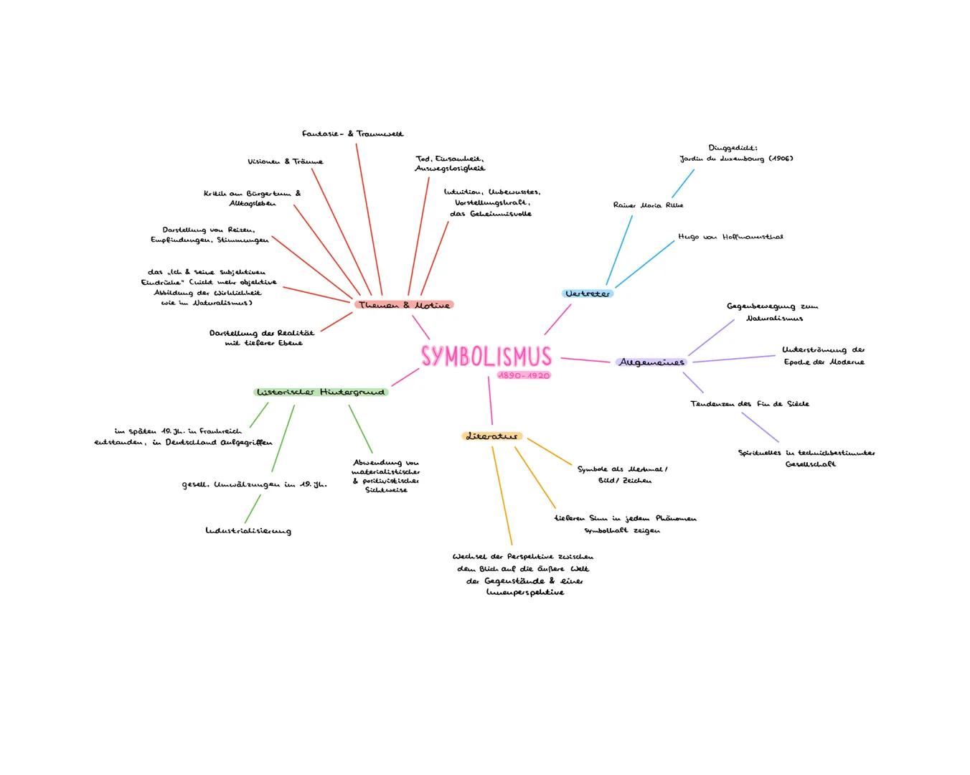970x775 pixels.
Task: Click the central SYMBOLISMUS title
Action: point(486,357)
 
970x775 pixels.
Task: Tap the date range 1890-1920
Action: point(524,376)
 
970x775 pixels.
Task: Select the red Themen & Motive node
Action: point(404,305)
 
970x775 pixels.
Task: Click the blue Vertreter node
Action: point(588,293)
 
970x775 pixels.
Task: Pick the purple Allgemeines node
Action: point(651,362)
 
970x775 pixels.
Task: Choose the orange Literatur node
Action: point(491,436)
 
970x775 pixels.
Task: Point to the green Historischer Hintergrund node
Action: point(321,392)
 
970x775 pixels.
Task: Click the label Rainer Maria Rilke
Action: point(648,205)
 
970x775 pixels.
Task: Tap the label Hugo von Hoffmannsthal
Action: point(730,237)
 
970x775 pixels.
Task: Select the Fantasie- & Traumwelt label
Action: point(352,133)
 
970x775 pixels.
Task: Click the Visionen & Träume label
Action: point(286,161)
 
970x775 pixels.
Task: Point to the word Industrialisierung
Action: point(248,531)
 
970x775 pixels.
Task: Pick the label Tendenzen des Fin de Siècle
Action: point(749,404)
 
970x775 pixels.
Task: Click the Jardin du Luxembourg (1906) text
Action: point(736,159)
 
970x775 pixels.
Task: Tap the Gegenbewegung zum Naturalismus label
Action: point(772,312)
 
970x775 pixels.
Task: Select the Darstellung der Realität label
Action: point(262,338)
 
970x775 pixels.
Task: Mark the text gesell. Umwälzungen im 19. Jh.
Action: point(254,484)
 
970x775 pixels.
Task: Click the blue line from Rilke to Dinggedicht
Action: point(682,184)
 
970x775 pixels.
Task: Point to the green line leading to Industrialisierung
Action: point(253,509)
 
